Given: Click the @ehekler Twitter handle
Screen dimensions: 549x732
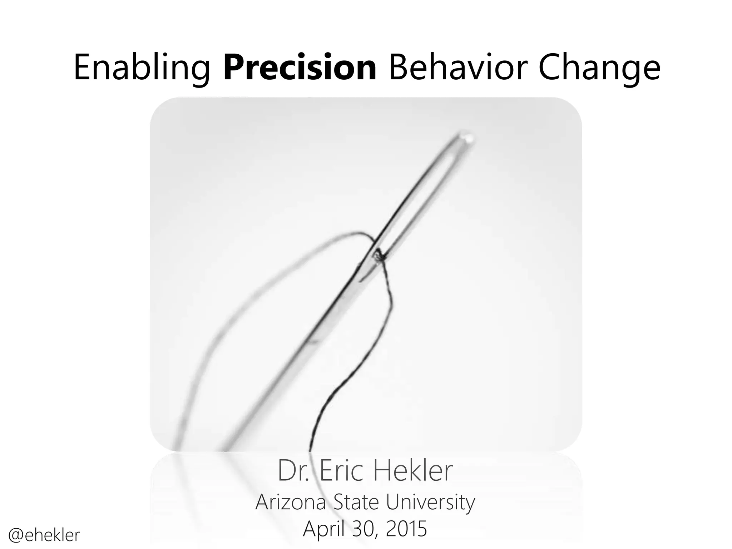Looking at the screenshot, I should [44, 535].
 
